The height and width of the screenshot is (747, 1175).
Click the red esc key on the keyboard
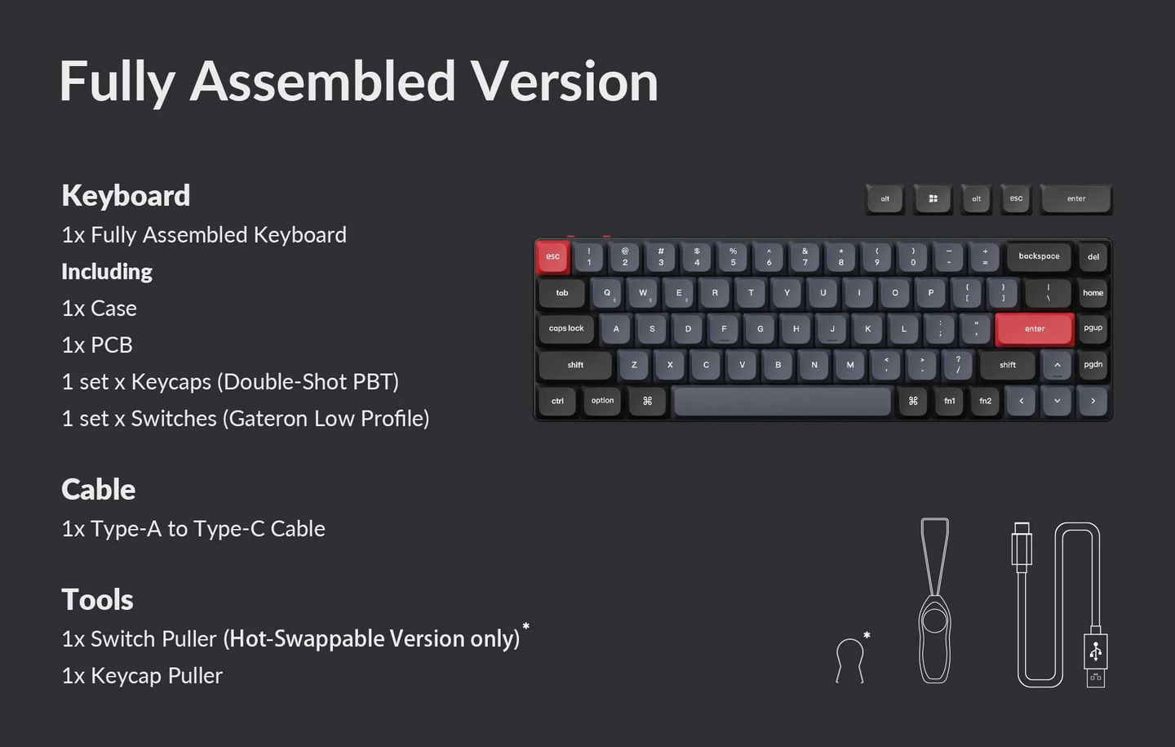(x=552, y=256)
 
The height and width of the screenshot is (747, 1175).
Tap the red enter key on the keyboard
(x=1034, y=329)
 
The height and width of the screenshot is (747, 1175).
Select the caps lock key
(x=566, y=328)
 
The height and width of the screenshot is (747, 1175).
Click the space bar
(x=782, y=401)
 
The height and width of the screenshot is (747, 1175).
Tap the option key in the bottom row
(x=602, y=401)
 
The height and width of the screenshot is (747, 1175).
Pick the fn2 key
(x=985, y=401)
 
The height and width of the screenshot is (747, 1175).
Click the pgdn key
(x=1093, y=365)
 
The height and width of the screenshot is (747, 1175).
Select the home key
(x=1093, y=293)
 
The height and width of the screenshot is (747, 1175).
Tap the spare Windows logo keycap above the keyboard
(x=933, y=198)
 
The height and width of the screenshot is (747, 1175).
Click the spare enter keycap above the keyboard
(x=1075, y=198)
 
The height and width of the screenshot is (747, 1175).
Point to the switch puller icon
(x=849, y=660)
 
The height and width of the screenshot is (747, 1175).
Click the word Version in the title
(x=564, y=82)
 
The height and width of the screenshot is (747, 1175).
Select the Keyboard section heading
(x=126, y=196)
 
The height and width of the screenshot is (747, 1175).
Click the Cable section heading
(x=98, y=490)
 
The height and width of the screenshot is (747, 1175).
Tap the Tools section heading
(x=97, y=600)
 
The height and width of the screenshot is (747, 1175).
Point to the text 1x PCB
(x=97, y=345)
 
